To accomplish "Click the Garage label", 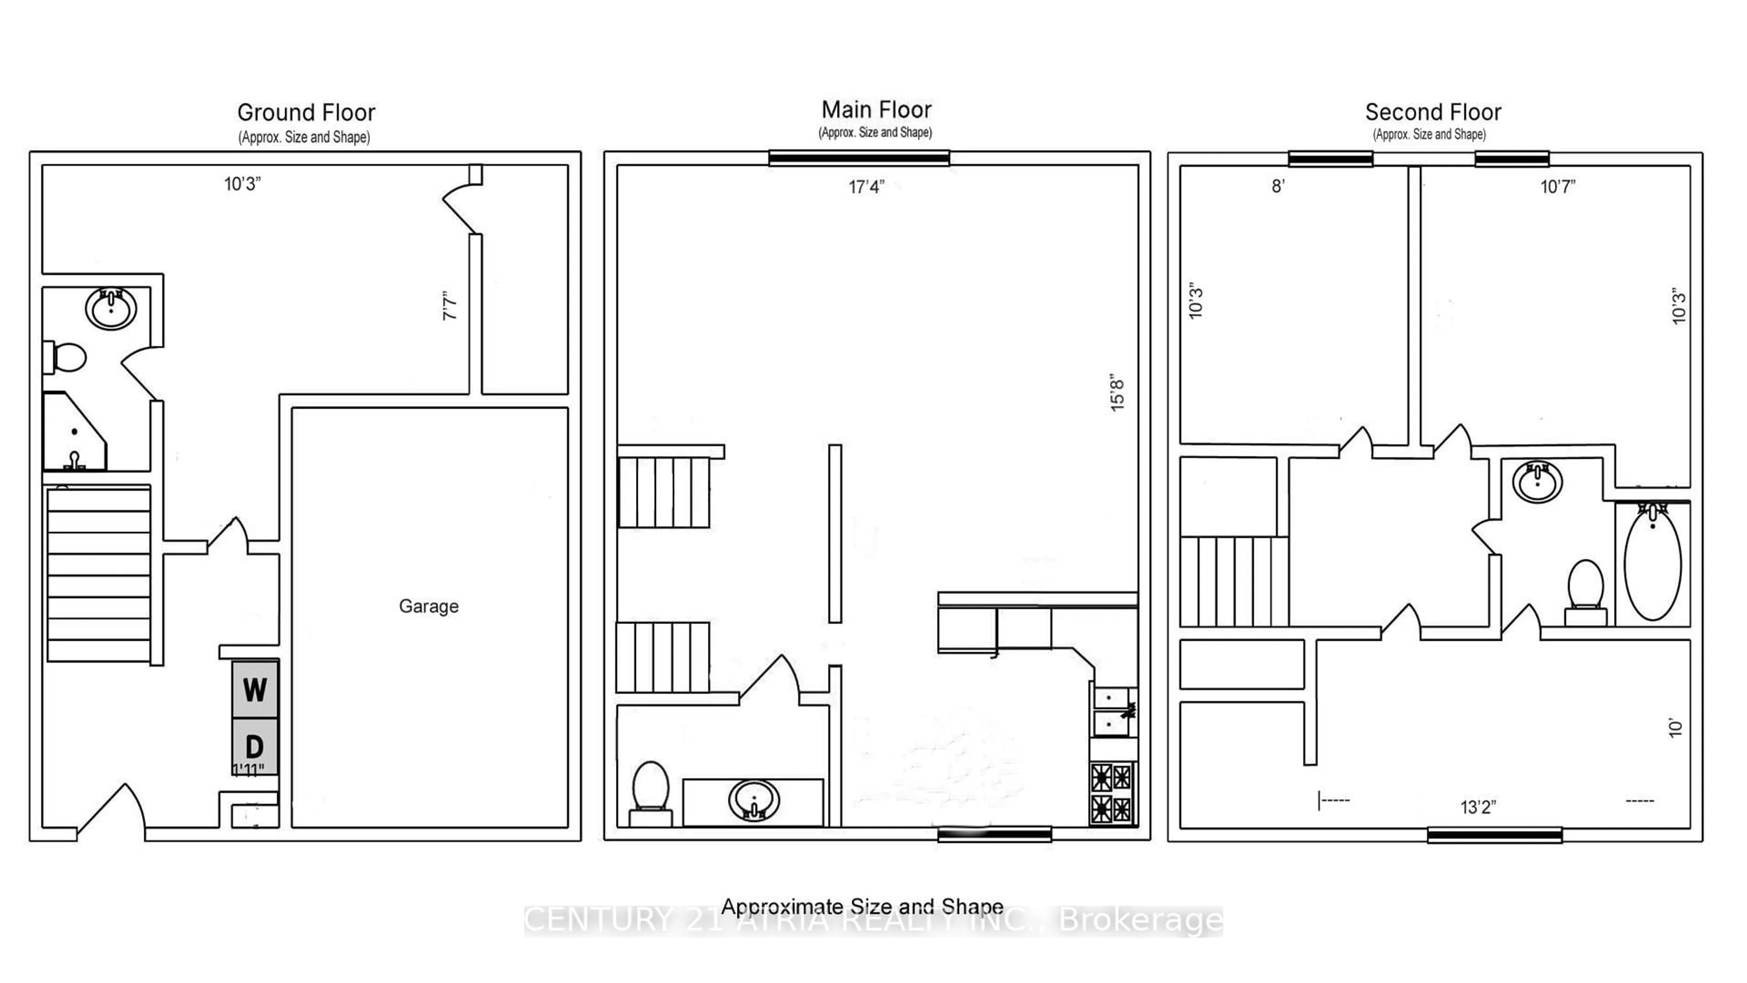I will (428, 606).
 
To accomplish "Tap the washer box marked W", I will (254, 689).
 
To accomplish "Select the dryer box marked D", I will (254, 746).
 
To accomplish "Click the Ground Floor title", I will (306, 112).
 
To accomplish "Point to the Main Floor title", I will (876, 109).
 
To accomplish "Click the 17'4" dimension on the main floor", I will (866, 187).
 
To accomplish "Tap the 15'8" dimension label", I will (1116, 392).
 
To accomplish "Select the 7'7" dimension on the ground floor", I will (449, 306).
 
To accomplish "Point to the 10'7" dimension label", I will (1557, 187).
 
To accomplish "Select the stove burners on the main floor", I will (1112, 793).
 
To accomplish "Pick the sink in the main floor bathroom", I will (753, 801).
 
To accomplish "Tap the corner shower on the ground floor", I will (73, 433).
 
